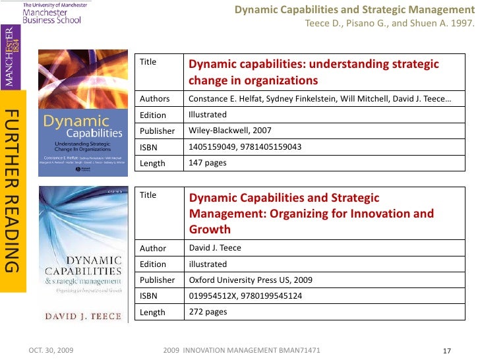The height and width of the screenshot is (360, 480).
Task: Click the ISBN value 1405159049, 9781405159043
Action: coord(245,146)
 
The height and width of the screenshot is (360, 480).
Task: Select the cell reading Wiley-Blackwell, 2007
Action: coord(229,131)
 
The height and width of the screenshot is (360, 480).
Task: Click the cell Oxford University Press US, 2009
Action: coord(250,280)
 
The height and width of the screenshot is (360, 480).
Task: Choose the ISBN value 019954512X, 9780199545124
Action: coord(245,296)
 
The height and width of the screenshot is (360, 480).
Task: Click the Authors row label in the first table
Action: coord(154,99)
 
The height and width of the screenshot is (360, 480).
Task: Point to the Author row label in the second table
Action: coord(153,248)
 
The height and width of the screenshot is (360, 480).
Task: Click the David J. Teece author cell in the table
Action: coord(215,248)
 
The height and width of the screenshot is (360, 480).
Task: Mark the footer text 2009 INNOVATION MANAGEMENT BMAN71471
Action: coord(241,349)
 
